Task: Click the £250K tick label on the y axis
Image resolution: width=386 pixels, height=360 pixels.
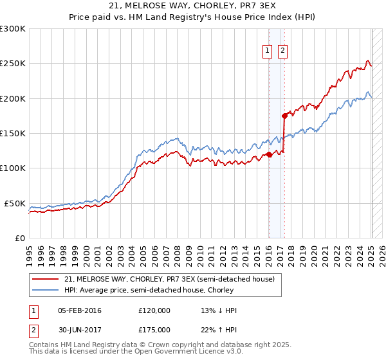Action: [x=13, y=64]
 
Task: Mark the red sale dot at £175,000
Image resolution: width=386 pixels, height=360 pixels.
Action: [x=284, y=116]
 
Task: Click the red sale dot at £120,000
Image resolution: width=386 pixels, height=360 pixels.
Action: [x=270, y=154]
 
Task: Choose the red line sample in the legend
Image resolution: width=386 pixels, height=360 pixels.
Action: [x=46, y=279]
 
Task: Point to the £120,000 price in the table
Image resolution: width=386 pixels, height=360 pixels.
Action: [x=154, y=310]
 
